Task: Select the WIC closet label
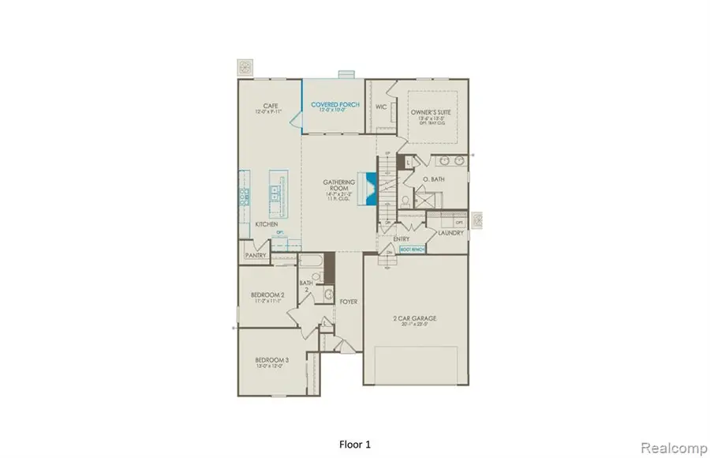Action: pos(380,105)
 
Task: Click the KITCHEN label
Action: pos(266,225)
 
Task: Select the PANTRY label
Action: pos(255,255)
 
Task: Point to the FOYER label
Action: pos(348,301)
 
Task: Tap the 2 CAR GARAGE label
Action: pos(415,319)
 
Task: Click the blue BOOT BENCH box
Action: pos(412,249)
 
